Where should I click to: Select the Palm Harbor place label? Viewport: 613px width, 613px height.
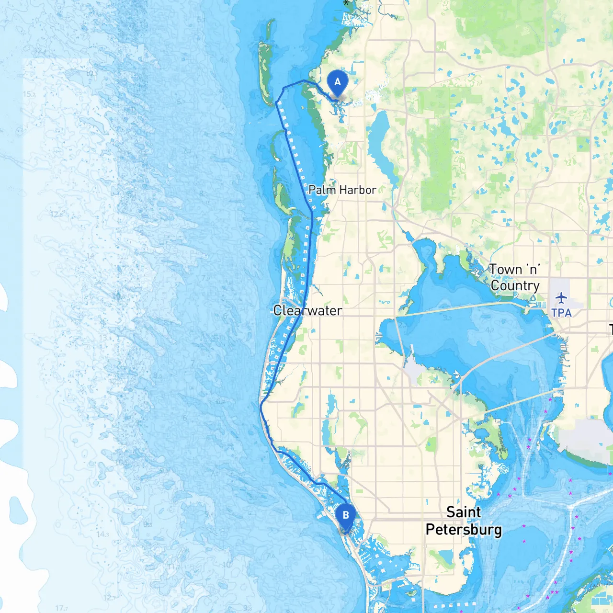click(342, 190)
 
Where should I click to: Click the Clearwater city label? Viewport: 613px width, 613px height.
click(307, 310)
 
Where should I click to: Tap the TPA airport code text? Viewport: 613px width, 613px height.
click(561, 313)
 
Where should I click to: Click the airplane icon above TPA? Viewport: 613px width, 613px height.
click(561, 298)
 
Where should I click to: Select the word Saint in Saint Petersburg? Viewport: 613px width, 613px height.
click(463, 512)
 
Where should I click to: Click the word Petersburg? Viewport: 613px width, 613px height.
click(464, 529)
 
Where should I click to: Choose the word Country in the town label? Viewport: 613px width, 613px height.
click(515, 285)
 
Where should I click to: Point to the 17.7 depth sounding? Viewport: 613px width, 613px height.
click(62, 608)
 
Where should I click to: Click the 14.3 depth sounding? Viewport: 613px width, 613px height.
click(102, 534)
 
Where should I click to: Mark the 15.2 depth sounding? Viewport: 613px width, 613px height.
click(29, 94)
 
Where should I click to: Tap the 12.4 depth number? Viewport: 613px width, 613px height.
click(40, 51)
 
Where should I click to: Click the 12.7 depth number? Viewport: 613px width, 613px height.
click(109, 597)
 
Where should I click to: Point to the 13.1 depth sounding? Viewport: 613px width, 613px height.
click(103, 338)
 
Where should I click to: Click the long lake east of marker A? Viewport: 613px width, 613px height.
click(382, 144)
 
